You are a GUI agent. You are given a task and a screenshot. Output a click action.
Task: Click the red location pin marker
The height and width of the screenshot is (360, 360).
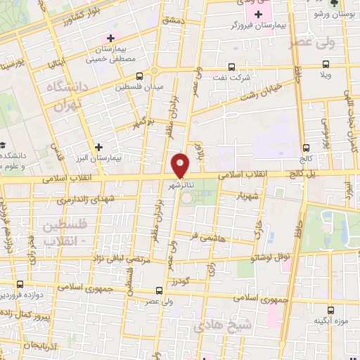click(181, 165)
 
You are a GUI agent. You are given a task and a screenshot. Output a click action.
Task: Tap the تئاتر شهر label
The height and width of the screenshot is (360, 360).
click(181, 185)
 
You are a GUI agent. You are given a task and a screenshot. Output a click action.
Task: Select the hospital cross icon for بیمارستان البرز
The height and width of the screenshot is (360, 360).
click(98, 147)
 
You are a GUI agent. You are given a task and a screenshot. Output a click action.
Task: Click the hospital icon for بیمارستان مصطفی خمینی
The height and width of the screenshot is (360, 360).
click(110, 37)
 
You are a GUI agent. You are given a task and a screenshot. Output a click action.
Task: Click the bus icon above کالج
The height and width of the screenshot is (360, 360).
click(306, 148)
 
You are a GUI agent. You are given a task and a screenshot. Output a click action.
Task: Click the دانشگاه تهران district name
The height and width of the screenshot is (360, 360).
click(63, 96)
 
